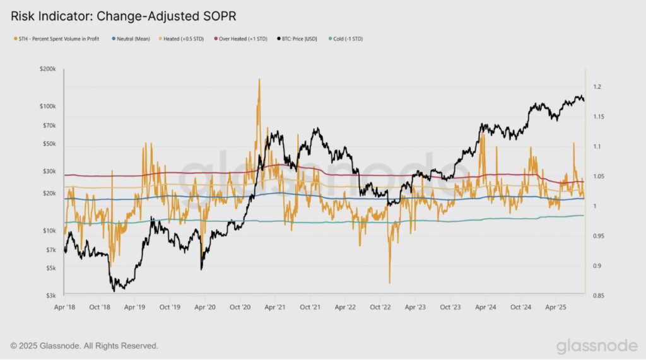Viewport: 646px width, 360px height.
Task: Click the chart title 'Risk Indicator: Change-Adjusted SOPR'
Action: (123, 16)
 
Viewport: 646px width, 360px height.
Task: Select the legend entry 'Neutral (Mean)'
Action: (131, 38)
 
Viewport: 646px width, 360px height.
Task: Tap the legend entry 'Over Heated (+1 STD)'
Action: (240, 38)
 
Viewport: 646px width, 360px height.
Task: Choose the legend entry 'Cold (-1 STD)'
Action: (346, 38)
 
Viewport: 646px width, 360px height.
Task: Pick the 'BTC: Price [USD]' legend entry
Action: (297, 38)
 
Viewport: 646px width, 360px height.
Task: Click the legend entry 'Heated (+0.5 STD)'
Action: (181, 38)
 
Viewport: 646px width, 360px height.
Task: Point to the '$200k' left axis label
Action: (48, 69)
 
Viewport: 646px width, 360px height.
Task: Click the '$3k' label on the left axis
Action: (50, 295)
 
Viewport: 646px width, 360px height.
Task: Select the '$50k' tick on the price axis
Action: (49, 144)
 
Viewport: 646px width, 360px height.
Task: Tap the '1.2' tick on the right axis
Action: (597, 87)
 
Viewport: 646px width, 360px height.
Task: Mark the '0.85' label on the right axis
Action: (599, 295)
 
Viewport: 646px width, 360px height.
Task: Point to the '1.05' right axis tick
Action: (599, 177)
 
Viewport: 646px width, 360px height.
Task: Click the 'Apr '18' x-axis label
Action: (65, 307)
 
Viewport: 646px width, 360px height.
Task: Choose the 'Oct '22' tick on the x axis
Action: (380, 307)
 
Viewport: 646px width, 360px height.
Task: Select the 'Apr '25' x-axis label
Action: (556, 307)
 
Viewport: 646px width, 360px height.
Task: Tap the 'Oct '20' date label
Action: (240, 307)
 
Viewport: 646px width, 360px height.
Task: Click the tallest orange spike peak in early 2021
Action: (259, 79)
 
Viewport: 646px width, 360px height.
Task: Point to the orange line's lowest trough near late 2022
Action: (390, 282)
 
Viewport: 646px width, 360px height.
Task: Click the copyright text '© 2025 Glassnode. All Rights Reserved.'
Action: (85, 346)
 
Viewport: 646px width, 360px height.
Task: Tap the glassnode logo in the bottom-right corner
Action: (597, 346)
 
